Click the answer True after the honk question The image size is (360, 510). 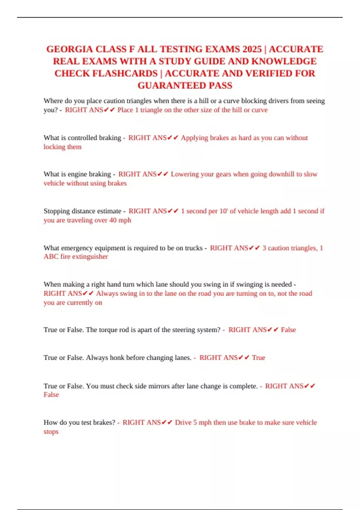pos(258,358)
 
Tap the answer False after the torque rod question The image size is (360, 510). pos(288,330)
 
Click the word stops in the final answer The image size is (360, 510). pos(51,432)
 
